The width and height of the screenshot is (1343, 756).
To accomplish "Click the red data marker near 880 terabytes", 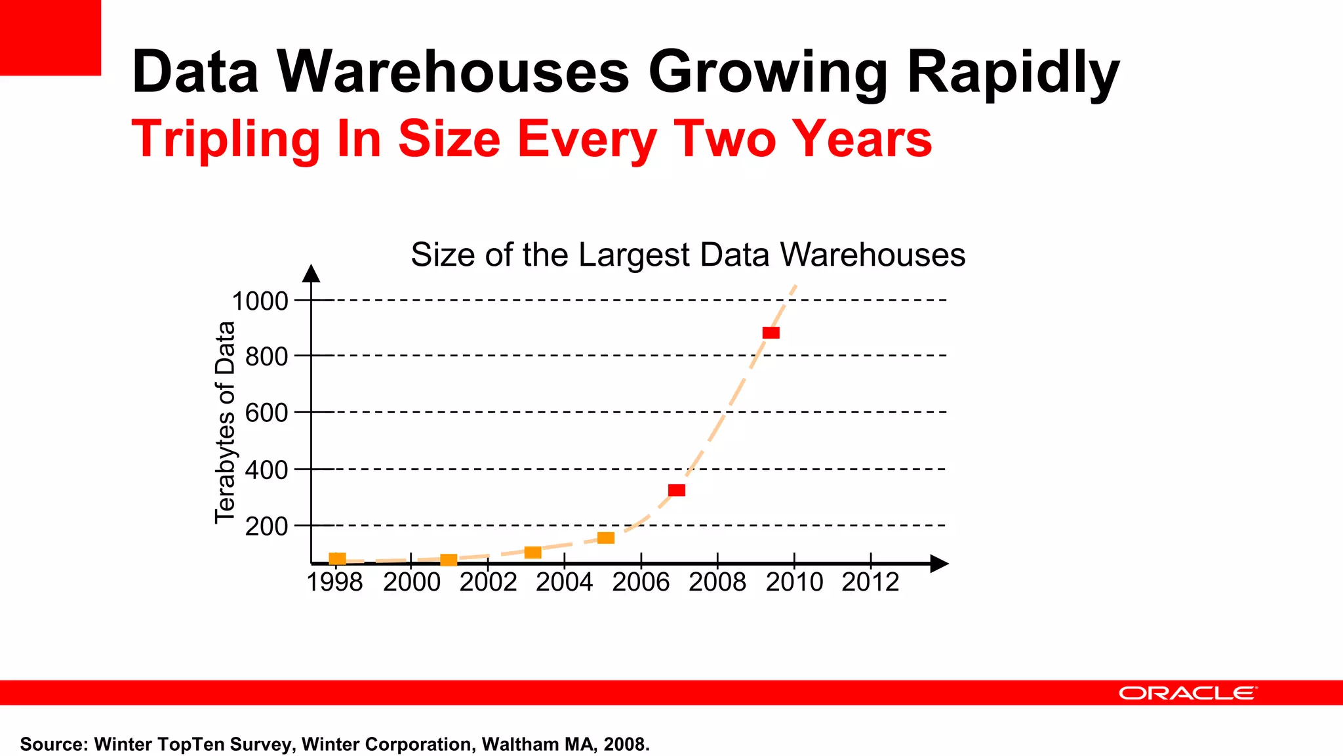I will (771, 333).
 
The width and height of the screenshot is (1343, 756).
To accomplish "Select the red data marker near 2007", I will (676, 490).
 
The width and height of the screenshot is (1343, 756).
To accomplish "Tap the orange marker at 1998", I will (337, 558).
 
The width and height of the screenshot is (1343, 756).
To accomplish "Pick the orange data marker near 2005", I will (606, 538).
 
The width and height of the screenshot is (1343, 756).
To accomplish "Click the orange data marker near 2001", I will (449, 560).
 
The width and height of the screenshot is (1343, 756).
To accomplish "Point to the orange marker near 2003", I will (533, 553).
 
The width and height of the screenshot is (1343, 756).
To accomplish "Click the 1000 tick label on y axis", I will (260, 301).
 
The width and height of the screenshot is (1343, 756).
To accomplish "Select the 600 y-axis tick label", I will (266, 413).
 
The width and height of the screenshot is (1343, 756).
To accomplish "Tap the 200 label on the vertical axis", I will (266, 526).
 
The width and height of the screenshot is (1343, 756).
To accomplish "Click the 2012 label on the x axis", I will (870, 582).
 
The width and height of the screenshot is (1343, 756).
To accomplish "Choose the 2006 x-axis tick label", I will (641, 582).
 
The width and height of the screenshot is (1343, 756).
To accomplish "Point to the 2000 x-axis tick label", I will (412, 582).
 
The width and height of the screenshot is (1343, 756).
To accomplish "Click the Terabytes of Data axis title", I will (225, 423).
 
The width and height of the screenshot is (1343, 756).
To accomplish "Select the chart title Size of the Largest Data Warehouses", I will (688, 255).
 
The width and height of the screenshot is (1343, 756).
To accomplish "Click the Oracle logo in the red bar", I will (1188, 693).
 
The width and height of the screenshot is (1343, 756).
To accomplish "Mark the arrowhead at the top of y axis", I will (311, 273).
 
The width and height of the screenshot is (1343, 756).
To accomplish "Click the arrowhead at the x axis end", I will (939, 564).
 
